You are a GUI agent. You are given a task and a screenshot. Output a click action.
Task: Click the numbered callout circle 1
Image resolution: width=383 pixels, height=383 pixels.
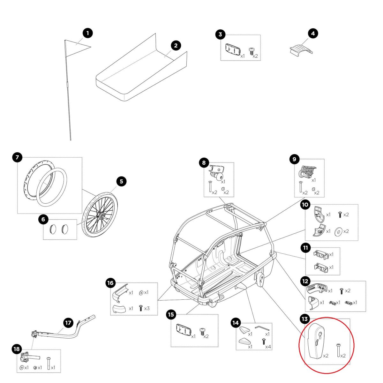tap(87, 33)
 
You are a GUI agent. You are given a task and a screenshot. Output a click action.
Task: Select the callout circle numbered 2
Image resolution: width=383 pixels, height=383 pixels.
tap(176, 45)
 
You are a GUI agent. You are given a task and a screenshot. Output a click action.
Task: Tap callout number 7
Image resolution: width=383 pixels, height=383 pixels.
tap(17, 157)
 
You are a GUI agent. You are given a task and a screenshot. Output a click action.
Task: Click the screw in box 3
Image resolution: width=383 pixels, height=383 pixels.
tap(252, 51)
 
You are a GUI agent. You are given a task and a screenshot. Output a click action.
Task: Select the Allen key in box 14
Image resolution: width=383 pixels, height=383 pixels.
tap(262, 328)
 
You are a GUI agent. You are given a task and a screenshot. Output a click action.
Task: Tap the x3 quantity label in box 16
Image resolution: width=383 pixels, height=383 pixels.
tap(147, 309)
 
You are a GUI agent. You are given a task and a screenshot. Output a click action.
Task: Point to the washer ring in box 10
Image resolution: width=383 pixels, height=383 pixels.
tap(337, 231)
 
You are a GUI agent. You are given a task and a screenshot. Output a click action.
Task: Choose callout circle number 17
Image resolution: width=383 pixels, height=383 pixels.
tap(68, 323)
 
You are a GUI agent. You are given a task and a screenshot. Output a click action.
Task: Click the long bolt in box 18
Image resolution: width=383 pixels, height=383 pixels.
tap(49, 363)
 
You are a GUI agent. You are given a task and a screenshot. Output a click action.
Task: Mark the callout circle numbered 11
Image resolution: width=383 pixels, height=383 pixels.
tap(305, 247)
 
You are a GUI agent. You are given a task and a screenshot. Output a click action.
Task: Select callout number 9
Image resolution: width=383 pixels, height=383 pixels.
tap(294, 159)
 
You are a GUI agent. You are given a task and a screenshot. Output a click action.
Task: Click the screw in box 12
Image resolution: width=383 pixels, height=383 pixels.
tap(341, 291)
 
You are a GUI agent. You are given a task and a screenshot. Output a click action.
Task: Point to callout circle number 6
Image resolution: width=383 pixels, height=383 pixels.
tap(43, 219)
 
